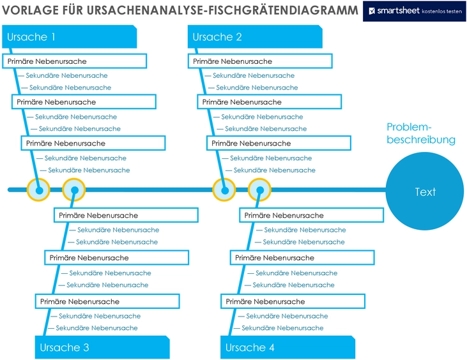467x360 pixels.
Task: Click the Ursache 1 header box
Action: pyautogui.click(x=69, y=37)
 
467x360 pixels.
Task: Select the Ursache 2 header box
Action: pyautogui.click(x=255, y=37)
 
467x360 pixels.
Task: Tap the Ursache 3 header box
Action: pyautogui.click(x=102, y=347)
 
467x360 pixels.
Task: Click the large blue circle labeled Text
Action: pyautogui.click(x=425, y=191)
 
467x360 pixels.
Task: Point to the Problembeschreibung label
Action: pyautogui.click(x=420, y=133)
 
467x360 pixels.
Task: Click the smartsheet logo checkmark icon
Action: pyautogui.click(x=372, y=11)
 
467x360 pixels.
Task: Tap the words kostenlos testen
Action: pyautogui.click(x=441, y=11)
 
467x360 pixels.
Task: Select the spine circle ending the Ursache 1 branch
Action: pyautogui.click(x=39, y=190)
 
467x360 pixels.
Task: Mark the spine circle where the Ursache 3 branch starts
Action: pyautogui.click(x=73, y=190)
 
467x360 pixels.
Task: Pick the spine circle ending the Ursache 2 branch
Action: pyautogui.click(x=224, y=190)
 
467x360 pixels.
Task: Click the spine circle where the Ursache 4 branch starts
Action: pyautogui.click(x=259, y=190)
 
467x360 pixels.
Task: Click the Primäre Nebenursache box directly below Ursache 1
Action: pyautogui.click(x=75, y=61)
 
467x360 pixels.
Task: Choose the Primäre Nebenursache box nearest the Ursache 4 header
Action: pyautogui.click(x=292, y=301)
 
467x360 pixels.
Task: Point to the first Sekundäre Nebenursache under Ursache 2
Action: pyautogui.click(x=254, y=75)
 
